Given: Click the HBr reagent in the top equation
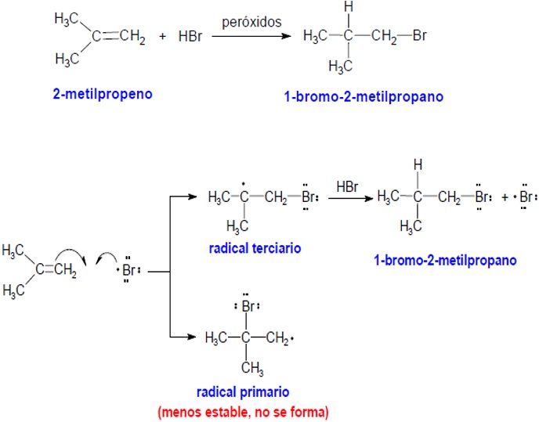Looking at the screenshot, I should coord(190,37).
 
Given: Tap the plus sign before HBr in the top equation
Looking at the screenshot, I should coord(163,37).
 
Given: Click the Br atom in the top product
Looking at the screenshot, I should coord(419,37).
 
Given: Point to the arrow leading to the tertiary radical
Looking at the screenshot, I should coord(184,198).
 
